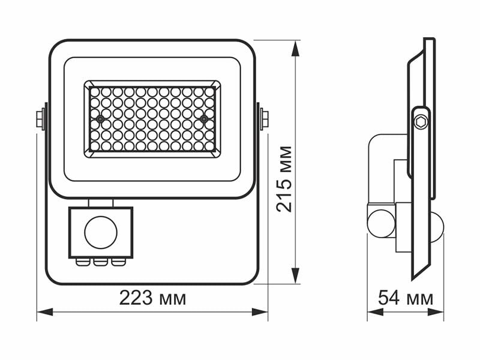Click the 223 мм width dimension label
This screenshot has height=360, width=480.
[x=152, y=298]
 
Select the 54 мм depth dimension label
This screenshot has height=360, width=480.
[x=406, y=298]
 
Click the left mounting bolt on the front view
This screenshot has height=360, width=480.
[x=41, y=119]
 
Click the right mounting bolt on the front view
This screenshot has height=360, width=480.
[x=263, y=119]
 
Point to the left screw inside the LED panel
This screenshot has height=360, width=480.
[x=100, y=119]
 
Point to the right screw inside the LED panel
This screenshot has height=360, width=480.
[x=204, y=119]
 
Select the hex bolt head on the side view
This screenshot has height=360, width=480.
[x=421, y=121]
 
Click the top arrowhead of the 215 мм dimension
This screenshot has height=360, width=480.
[x=295, y=48]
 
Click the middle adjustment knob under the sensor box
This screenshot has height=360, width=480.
[x=100, y=261]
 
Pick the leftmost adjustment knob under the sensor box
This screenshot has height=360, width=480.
[x=81, y=261]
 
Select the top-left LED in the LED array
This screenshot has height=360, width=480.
[x=95, y=92]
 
